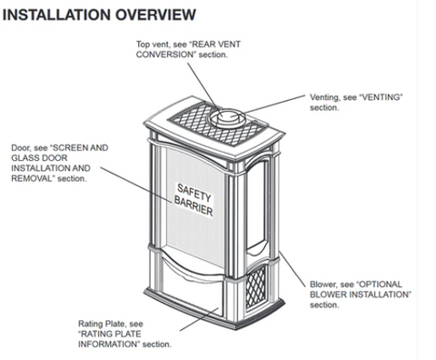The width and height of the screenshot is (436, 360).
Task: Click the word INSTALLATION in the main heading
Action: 56,15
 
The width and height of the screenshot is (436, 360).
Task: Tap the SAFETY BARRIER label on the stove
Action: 193,200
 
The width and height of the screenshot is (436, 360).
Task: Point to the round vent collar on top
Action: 226,118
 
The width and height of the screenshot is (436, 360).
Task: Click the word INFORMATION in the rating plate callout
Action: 109,345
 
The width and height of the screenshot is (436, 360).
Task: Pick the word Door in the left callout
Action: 21,148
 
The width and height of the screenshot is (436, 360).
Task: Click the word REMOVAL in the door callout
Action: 33,178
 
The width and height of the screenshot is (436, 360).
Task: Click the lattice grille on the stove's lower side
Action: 256,287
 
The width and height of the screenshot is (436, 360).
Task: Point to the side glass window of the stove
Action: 257,206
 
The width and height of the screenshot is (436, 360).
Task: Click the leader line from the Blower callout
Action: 292,269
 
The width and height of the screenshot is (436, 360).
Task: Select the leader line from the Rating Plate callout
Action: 199,319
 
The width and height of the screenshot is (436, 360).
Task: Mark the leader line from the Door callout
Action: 136,184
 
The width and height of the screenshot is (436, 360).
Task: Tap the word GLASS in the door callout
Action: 25,158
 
